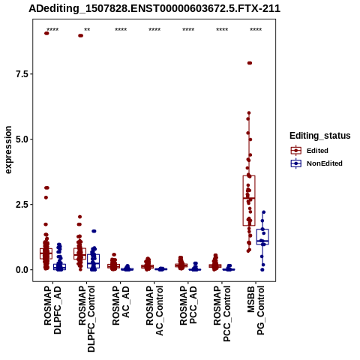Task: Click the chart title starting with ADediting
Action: [154, 8]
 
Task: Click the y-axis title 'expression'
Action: [8, 150]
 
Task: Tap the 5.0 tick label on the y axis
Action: [21, 139]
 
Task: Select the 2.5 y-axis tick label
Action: [21, 205]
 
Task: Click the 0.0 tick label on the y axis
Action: [21, 270]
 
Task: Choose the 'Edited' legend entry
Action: [317, 151]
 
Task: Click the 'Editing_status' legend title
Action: [320, 136]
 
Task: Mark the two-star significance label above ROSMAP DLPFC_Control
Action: [87, 29]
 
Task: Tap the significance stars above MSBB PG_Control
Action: [256, 29]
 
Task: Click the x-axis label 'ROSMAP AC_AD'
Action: [121, 305]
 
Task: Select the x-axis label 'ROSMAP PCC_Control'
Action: [222, 313]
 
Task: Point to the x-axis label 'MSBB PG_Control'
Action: [256, 310]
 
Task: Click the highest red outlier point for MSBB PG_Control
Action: [250, 63]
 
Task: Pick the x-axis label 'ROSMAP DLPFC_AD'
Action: [52, 310]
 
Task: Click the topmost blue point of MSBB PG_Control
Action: [263, 212]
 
